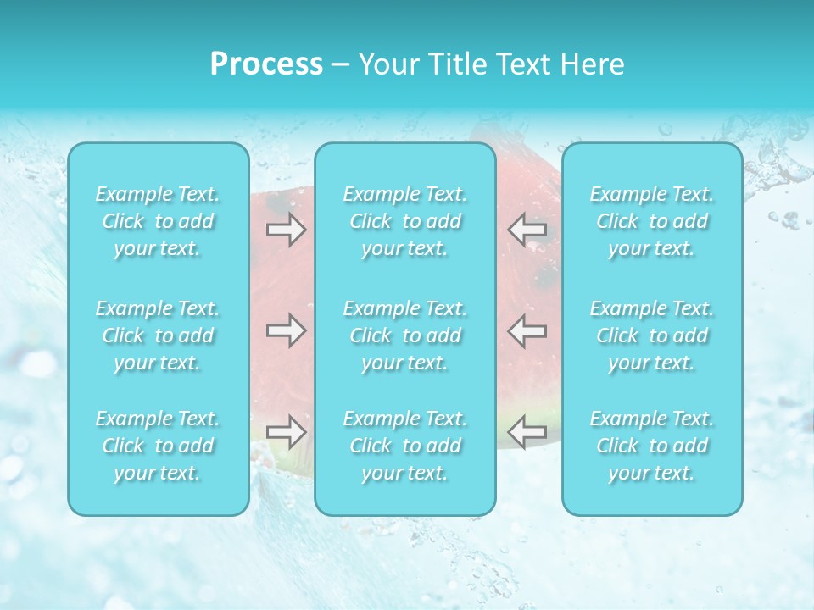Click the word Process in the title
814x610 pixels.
coord(266,64)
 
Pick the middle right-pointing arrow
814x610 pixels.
coord(286,330)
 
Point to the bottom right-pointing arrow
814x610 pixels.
coord(286,431)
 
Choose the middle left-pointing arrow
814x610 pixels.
coord(527,330)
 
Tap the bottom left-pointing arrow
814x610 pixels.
coord(527,431)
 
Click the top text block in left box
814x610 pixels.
coord(158,222)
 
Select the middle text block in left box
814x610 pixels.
coord(158,335)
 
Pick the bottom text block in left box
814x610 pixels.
coord(158,446)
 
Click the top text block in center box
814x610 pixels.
coord(405,222)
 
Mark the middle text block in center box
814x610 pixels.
coord(405,335)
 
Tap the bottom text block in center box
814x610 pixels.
coord(405,446)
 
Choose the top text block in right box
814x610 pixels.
coord(652,222)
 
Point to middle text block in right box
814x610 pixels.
coord(652,335)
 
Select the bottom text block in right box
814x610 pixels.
coord(652,446)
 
